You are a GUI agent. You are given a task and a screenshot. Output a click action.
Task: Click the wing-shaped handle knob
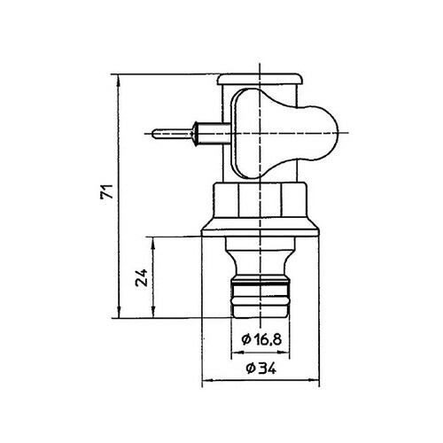click(x=301, y=133)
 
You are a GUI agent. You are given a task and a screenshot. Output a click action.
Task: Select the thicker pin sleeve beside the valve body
click(x=207, y=135)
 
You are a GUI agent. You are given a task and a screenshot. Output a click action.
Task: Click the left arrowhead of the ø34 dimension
click(x=207, y=380)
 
